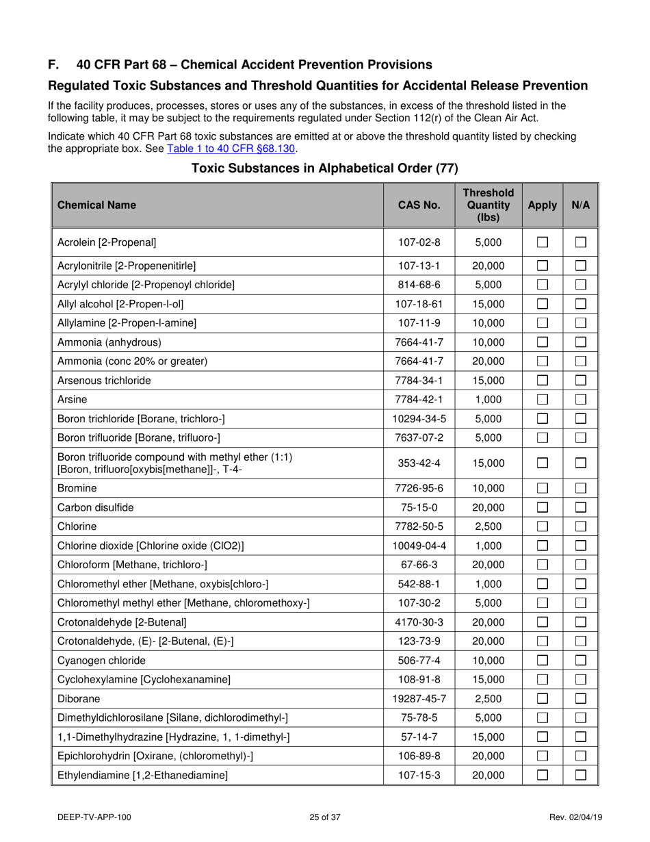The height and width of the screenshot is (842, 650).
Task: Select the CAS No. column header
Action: [x=417, y=203]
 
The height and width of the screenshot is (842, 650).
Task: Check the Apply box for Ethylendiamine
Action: [x=542, y=774]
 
